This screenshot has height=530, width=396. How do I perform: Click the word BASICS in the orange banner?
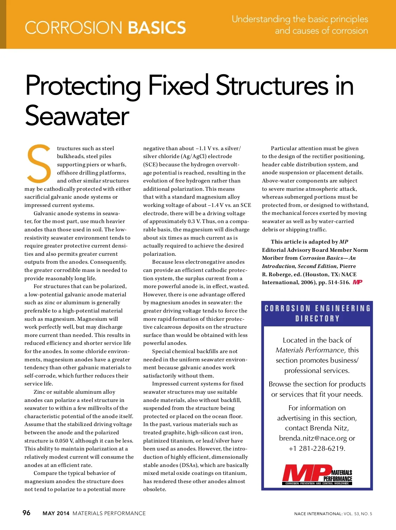pyautogui.click(x=157, y=28)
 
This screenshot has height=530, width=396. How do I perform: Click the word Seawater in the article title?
pyautogui.click(x=77, y=116)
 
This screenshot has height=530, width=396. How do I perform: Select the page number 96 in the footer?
pyautogui.click(x=26, y=513)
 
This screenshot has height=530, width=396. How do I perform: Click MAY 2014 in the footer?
pyautogui.click(x=56, y=513)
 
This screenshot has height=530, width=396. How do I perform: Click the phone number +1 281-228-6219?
pyautogui.click(x=317, y=448)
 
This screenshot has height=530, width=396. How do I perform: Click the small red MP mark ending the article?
pyautogui.click(x=357, y=282)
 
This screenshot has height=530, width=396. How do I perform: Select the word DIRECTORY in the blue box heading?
pyautogui.click(x=317, y=318)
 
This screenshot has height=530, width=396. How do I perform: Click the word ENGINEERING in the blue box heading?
pyautogui.click(x=343, y=308)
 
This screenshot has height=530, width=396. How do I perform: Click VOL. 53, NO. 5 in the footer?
pyautogui.click(x=358, y=514)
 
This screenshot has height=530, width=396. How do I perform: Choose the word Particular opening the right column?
pyautogui.click(x=284, y=149)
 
